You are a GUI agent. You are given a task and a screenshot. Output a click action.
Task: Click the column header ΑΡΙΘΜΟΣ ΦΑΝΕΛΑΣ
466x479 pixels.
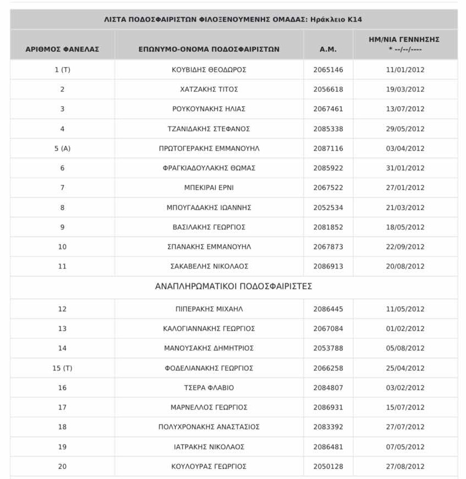(x=62, y=49)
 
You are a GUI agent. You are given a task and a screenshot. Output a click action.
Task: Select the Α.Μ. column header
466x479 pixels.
(x=328, y=49)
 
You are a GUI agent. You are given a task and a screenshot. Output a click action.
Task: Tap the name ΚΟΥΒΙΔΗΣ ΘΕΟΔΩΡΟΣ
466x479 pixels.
(x=209, y=70)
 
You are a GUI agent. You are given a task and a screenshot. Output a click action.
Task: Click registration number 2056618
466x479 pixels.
(x=328, y=89)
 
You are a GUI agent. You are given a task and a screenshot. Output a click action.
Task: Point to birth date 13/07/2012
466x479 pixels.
(x=405, y=109)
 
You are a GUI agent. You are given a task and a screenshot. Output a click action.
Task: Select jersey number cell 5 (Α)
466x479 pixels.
(x=62, y=148)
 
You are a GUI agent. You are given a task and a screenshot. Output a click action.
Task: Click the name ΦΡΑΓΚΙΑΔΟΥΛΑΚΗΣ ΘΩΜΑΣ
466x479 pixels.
(x=209, y=168)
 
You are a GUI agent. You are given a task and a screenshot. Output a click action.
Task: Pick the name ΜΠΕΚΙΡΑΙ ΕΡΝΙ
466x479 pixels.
(x=209, y=188)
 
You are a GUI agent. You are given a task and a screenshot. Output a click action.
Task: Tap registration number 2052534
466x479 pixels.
(x=328, y=207)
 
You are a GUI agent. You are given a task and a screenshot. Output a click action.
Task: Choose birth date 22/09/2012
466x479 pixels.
(x=405, y=247)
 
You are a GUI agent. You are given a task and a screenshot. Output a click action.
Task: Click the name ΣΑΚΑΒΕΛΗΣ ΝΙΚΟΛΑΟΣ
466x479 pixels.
(x=209, y=266)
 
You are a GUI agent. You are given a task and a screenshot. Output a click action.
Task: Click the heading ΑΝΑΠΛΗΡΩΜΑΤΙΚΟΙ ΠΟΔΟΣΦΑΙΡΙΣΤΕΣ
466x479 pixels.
(x=234, y=287)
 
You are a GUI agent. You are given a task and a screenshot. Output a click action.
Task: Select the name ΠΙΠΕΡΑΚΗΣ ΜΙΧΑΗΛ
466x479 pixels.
(x=209, y=309)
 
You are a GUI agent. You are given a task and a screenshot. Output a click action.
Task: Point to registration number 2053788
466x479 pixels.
(x=328, y=348)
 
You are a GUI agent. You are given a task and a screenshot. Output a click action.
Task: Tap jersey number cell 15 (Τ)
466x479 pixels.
(x=62, y=368)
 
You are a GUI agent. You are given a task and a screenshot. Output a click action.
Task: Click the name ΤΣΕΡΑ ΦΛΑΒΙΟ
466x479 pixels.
(x=209, y=388)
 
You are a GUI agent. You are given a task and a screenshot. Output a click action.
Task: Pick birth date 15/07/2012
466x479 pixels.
(x=405, y=408)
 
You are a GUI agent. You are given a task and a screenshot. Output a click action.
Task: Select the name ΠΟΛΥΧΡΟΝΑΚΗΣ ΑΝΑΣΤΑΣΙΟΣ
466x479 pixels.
(x=209, y=427)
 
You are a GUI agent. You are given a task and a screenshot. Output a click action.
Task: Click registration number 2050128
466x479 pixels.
(x=328, y=466)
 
